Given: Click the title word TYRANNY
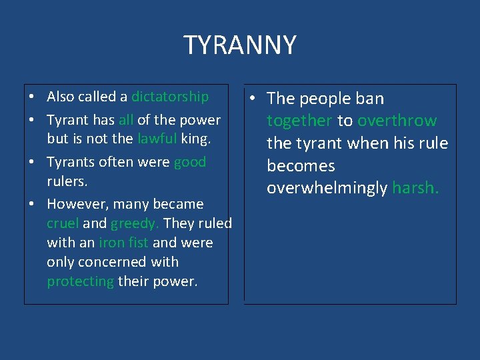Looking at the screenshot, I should click(240, 45).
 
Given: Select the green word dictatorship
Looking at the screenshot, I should click(170, 97).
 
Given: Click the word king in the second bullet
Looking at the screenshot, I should click(196, 139).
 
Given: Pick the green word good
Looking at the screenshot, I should click(190, 162).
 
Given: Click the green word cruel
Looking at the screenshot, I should click(63, 223).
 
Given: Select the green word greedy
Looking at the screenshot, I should click(135, 223).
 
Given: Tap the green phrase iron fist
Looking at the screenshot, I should click(123, 243).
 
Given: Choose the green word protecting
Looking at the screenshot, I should click(80, 281).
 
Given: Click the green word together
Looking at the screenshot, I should click(299, 121).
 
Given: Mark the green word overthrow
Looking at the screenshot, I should click(397, 121).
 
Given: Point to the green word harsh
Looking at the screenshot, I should click(415, 188).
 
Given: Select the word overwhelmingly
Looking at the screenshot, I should click(327, 188).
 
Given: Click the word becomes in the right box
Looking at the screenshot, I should click(301, 166).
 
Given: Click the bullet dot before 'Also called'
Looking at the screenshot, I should click(31, 97).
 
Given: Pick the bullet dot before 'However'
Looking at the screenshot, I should click(31, 205).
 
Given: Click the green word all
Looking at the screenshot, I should click(126, 120).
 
